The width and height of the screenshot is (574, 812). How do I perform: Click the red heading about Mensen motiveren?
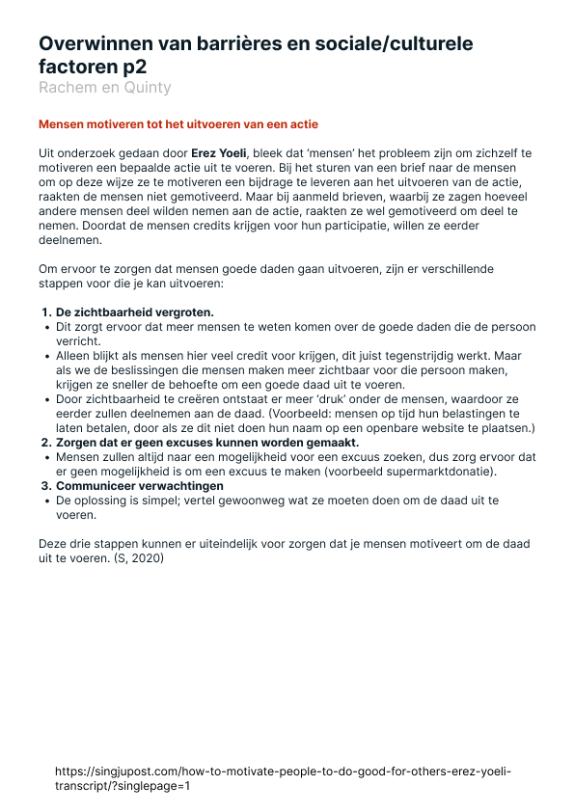tap(178, 124)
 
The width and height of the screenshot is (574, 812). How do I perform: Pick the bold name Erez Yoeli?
tap(219, 152)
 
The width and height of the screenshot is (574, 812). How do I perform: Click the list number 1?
tap(45, 312)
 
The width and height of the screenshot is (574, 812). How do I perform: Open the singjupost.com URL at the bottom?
tap(283, 778)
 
